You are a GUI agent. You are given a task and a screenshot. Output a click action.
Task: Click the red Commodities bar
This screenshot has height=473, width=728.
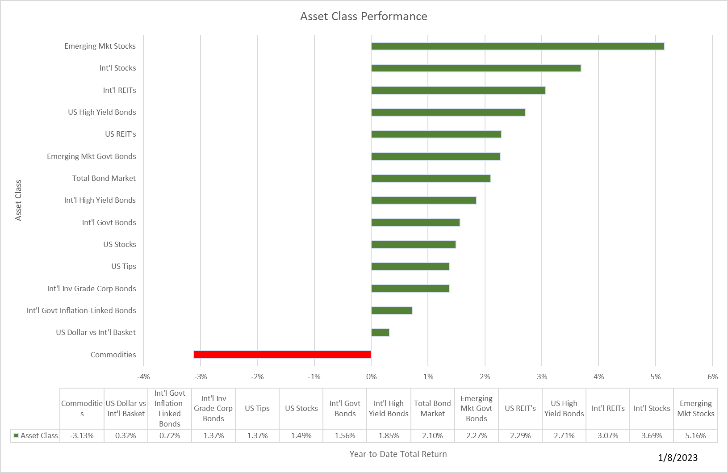coord(282,355)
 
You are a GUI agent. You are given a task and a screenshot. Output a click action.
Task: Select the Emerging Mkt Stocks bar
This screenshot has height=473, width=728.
coord(518,46)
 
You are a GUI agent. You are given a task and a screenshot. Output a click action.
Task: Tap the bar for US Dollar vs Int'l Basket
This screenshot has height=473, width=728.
coord(380,332)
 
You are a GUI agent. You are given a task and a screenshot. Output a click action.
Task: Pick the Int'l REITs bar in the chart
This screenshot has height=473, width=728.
coord(458,90)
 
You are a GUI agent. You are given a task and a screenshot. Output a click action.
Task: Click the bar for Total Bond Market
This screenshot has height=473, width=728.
coord(431,178)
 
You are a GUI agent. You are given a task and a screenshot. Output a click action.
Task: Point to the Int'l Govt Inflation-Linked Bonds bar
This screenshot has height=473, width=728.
coord(391,310)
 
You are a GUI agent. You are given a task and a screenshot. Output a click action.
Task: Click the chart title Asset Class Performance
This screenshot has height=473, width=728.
coord(364,17)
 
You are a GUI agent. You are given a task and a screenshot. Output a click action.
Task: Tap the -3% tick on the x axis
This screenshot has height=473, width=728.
coord(201,377)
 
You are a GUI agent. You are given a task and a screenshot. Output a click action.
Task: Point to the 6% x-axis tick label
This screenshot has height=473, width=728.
coord(712,377)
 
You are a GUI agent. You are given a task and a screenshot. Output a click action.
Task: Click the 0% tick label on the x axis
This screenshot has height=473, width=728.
coord(371,377)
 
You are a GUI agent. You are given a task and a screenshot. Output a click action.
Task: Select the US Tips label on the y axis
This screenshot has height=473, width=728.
coord(124,266)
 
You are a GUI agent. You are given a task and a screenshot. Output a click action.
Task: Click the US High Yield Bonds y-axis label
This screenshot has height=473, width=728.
coord(102,112)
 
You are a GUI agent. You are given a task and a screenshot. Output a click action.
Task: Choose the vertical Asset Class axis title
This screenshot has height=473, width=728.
coord(18,200)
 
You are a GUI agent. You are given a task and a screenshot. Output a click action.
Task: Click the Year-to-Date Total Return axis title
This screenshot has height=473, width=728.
coord(398,454)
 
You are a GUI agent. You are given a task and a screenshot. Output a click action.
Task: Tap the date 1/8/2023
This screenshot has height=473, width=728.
coord(678,457)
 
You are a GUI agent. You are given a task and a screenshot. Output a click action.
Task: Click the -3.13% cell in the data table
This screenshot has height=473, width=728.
coord(82,435)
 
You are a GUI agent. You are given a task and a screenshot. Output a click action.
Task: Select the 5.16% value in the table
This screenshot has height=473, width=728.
coord(695,435)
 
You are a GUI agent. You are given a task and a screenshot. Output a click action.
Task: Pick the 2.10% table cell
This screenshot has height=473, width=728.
coord(432,435)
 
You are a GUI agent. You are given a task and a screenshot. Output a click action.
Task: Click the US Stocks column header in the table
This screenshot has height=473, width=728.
coord(301,408)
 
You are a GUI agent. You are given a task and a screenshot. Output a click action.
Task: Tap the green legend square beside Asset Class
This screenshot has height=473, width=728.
coord(16,435)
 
